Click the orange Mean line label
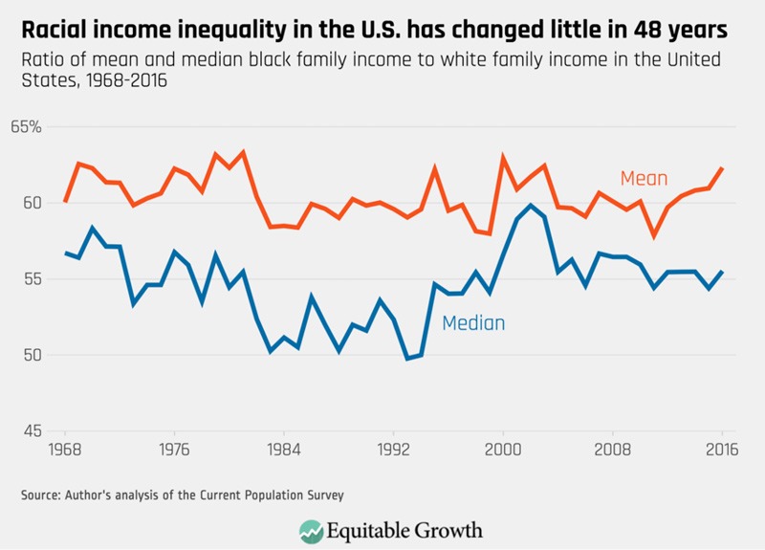tap(644, 179)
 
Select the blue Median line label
tap(473, 323)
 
